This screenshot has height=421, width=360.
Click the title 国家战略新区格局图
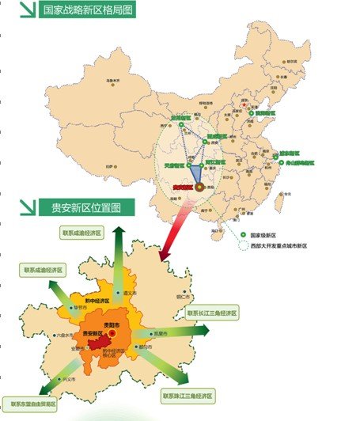(x=88, y=10)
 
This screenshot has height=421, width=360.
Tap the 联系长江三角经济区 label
(x=211, y=313)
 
